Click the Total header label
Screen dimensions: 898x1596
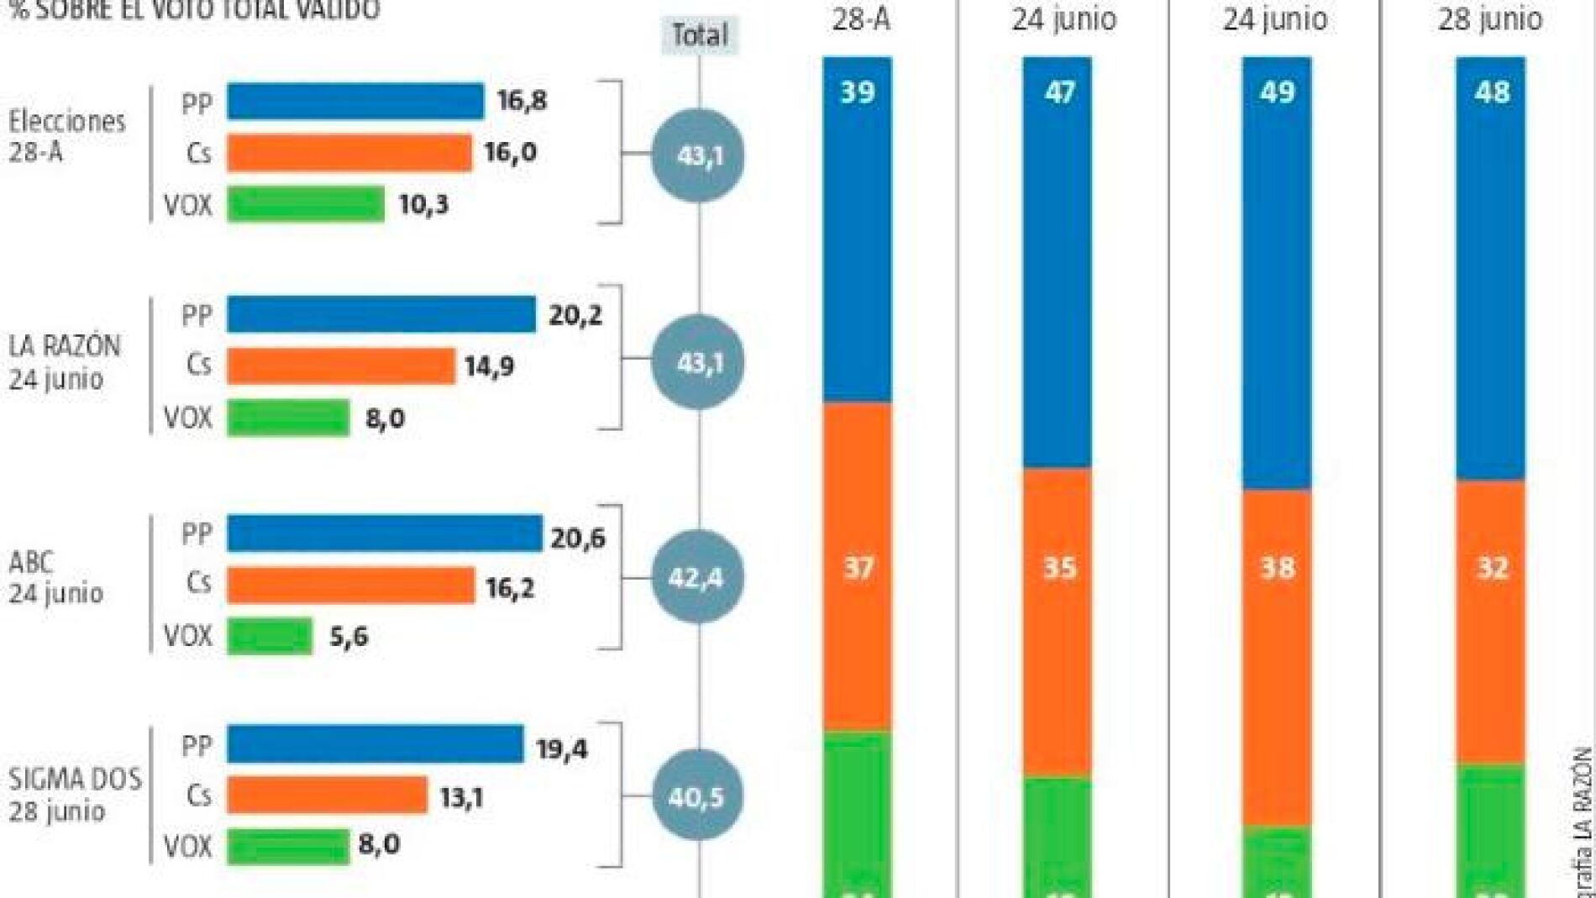[x=699, y=35]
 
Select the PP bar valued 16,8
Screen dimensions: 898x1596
[x=355, y=102]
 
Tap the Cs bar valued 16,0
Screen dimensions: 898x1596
[x=349, y=153]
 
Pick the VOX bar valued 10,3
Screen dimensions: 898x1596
[x=306, y=204]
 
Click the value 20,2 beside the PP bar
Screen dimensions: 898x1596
[x=575, y=315]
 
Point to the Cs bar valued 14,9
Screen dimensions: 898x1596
[x=341, y=366]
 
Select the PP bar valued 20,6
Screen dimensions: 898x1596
[x=385, y=534]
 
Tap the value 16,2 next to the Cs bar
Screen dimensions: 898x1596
[x=510, y=587]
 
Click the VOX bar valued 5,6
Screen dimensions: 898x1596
[x=270, y=636]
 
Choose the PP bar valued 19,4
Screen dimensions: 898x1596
[x=375, y=745]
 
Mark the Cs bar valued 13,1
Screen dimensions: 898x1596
[x=328, y=796]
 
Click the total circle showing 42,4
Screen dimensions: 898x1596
[x=697, y=578]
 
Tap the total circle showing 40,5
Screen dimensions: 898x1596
[x=697, y=796]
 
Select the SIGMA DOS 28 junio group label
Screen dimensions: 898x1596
[x=74, y=795]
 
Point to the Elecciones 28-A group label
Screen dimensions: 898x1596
[x=66, y=136]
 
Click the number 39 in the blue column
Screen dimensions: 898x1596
[x=858, y=92]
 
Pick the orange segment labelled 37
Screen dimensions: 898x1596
[x=858, y=567]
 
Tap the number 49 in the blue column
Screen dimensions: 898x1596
[x=1277, y=92]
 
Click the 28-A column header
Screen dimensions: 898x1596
[x=860, y=19]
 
